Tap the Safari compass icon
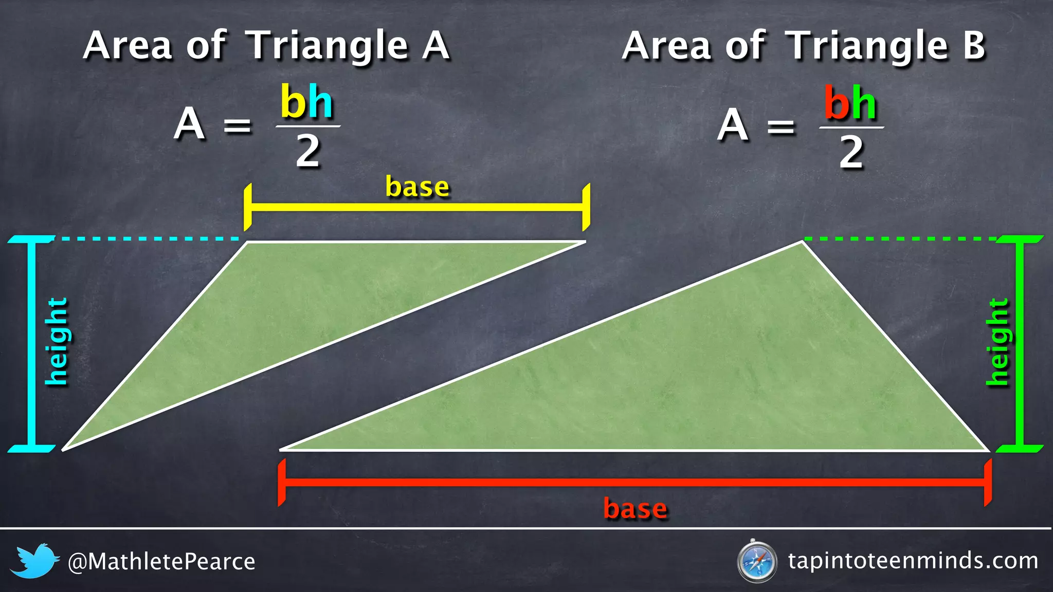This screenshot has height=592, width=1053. (756, 562)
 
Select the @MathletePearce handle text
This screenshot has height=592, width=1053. (161, 562)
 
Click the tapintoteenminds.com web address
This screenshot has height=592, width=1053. (913, 561)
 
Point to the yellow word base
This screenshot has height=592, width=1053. (417, 187)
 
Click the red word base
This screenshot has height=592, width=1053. (636, 509)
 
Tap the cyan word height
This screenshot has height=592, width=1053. (57, 342)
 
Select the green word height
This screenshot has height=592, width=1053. (998, 342)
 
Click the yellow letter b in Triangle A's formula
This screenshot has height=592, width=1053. (294, 102)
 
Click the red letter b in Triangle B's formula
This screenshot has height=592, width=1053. (837, 103)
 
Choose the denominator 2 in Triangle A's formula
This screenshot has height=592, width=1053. (307, 152)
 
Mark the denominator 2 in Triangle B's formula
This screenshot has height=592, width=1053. (851, 153)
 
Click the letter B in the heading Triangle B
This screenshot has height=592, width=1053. (973, 46)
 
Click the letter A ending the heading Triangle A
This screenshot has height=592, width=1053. (436, 46)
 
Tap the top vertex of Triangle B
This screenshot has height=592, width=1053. (802, 242)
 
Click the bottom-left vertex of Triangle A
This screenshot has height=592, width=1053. (63, 450)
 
